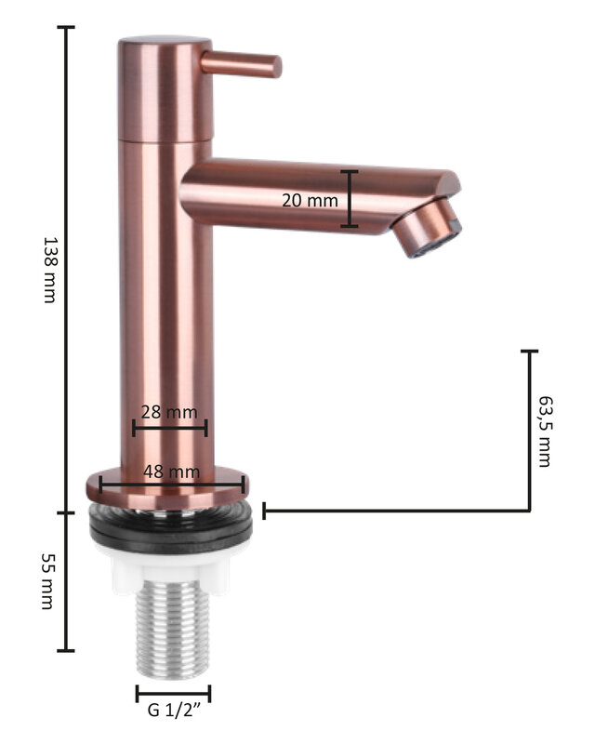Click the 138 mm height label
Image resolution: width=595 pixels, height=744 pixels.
[x=50, y=270]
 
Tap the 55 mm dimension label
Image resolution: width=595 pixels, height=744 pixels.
[x=47, y=580]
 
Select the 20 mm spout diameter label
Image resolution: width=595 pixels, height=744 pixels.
[x=310, y=200]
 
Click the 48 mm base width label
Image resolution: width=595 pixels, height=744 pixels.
[x=171, y=472]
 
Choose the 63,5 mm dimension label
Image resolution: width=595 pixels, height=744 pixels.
[x=546, y=432]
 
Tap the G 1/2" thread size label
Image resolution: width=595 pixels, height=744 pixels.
[x=174, y=711]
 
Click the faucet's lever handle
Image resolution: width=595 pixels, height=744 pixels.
[x=241, y=64]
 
